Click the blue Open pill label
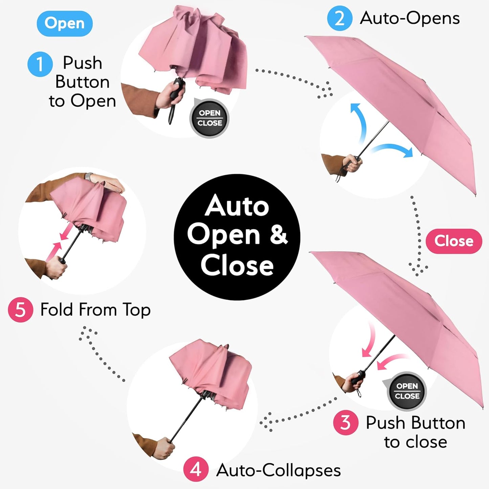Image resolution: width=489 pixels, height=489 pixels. [64, 24]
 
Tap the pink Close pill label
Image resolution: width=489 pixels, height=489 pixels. [453, 241]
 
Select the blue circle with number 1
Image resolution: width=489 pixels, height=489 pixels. [40, 64]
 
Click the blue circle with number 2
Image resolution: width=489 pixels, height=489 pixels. [339, 18]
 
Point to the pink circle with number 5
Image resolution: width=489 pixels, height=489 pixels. [20, 309]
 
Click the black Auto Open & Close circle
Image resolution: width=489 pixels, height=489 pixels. [237, 237]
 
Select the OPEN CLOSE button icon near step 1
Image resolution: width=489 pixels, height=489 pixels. [209, 118]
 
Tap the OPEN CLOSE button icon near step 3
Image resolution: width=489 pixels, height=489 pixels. [407, 391]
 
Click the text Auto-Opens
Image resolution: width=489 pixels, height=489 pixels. [409, 18]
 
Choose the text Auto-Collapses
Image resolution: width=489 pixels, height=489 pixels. [278, 470]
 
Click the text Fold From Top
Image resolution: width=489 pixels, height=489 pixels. [95, 310]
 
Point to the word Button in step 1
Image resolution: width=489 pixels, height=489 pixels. [82, 82]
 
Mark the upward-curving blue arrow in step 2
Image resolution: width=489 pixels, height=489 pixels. [359, 122]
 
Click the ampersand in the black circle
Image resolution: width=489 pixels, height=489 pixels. [278, 235]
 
